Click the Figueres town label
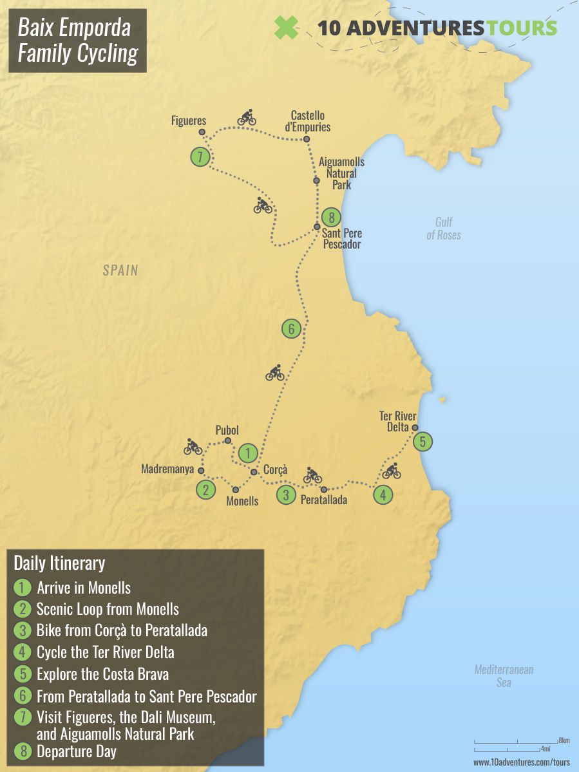[x=189, y=120]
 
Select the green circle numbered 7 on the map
[x=201, y=156]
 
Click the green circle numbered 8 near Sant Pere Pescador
[x=331, y=217]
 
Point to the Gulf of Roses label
[x=444, y=229]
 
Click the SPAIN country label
[x=120, y=270]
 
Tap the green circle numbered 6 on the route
[x=291, y=329]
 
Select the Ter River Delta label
[x=398, y=421]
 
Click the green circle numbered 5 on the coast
[x=422, y=442]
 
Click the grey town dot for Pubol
[x=228, y=441]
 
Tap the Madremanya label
[x=167, y=470]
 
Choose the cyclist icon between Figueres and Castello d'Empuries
[x=247, y=117]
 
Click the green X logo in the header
[x=287, y=28]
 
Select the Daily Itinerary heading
[x=59, y=563]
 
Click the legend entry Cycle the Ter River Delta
[x=105, y=652]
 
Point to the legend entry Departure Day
[x=77, y=751]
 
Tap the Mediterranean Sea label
[x=504, y=675]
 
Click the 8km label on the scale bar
[x=564, y=741]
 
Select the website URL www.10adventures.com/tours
[x=522, y=762]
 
